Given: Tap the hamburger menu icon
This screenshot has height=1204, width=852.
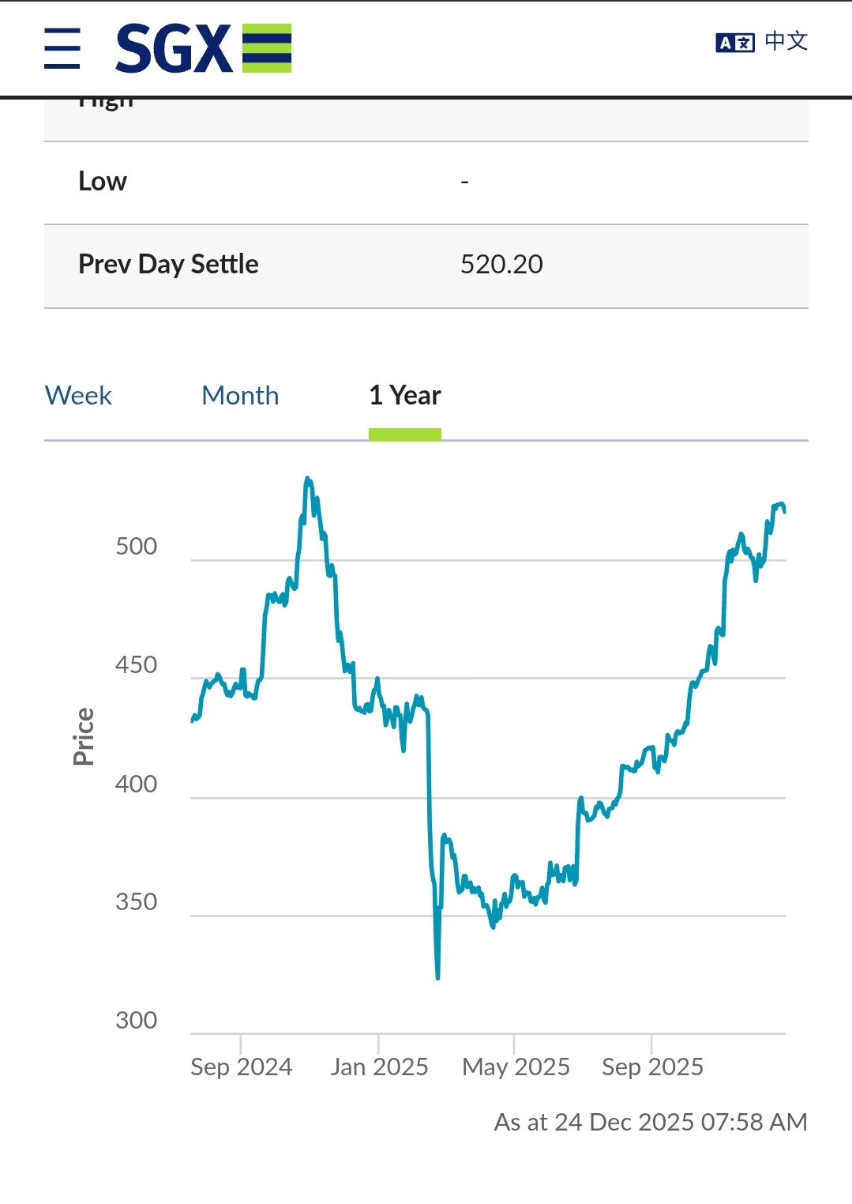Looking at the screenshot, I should (62, 48).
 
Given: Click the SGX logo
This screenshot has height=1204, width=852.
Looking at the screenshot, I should (203, 48).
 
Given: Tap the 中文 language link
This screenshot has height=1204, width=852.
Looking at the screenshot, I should (786, 41).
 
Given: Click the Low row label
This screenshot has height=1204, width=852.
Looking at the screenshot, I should (103, 182).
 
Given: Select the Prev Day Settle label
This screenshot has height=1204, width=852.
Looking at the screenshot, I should (168, 264).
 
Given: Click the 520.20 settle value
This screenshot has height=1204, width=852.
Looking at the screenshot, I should (501, 264).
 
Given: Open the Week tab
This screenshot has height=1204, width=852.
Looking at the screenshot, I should (78, 395).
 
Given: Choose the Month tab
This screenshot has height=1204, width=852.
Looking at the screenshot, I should (240, 395).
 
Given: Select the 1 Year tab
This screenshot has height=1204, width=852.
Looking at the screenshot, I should (404, 395).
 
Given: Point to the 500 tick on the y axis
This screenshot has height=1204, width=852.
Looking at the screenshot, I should (137, 547).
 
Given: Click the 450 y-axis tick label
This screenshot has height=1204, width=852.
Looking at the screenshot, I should (137, 665).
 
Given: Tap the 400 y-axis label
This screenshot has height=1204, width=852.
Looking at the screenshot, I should (137, 784).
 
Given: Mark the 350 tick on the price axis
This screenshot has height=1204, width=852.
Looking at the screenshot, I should (137, 902).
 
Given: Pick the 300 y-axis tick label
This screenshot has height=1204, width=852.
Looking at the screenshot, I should (137, 1021).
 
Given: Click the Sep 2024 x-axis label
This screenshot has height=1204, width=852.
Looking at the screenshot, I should (242, 1067).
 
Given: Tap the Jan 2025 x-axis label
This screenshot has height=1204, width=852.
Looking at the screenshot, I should (379, 1067).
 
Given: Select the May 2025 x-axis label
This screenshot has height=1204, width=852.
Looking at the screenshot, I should (516, 1067).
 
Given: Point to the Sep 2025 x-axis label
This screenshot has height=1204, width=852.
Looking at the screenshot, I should (652, 1067).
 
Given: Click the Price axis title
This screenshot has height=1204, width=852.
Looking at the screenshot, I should (84, 736).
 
